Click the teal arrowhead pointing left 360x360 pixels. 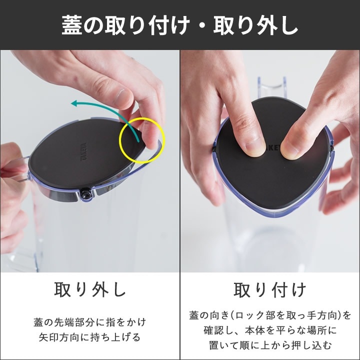click(x=75, y=103)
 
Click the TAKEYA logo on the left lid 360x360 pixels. click(x=84, y=151)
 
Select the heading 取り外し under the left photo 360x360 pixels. click(x=90, y=289)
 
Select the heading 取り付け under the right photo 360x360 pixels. click(x=270, y=289)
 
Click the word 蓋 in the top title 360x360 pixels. click(x=72, y=25)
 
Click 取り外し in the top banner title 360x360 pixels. click(x=255, y=25)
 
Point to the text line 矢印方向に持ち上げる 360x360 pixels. click(x=89, y=337)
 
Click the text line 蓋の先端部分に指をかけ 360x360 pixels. click(x=90, y=322)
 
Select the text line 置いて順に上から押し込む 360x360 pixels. click(x=270, y=345)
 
